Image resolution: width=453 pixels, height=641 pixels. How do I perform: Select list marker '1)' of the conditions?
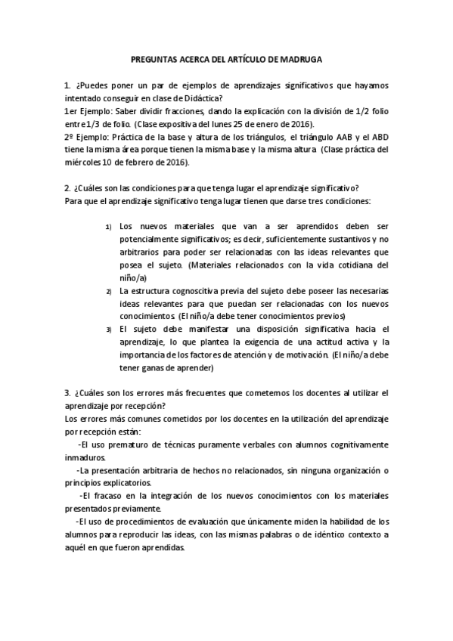108,227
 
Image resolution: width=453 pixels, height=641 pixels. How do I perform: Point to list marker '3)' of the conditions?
108,330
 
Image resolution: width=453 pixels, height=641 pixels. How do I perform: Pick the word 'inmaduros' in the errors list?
85,457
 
